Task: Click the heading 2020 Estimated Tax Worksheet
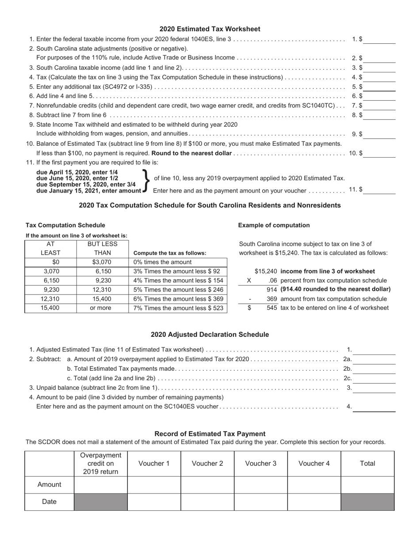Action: (210, 29)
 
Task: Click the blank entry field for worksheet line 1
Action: (379, 39)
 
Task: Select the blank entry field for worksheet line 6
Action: (379, 96)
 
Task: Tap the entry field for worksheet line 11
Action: (379, 190)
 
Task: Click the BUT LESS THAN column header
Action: (103, 248)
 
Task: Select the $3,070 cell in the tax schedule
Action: (103, 262)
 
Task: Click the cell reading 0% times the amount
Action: (178, 262)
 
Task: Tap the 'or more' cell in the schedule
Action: (103, 308)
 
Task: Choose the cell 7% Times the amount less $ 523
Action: (178, 308)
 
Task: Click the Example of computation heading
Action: (274, 225)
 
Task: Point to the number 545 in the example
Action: (272, 308)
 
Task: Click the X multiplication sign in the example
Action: (249, 280)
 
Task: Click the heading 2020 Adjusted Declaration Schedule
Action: (210, 335)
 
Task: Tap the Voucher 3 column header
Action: (261, 464)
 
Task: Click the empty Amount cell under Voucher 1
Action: (154, 485)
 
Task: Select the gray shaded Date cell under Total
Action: (367, 502)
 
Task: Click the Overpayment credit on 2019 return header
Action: (100, 464)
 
